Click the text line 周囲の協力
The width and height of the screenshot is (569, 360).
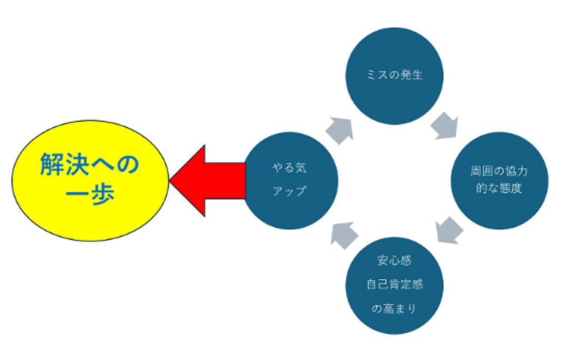click(x=499, y=171)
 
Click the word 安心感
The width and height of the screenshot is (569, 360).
click(x=395, y=261)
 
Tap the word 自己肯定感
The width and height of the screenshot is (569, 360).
click(x=395, y=285)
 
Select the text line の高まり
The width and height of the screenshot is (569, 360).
click(x=395, y=309)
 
